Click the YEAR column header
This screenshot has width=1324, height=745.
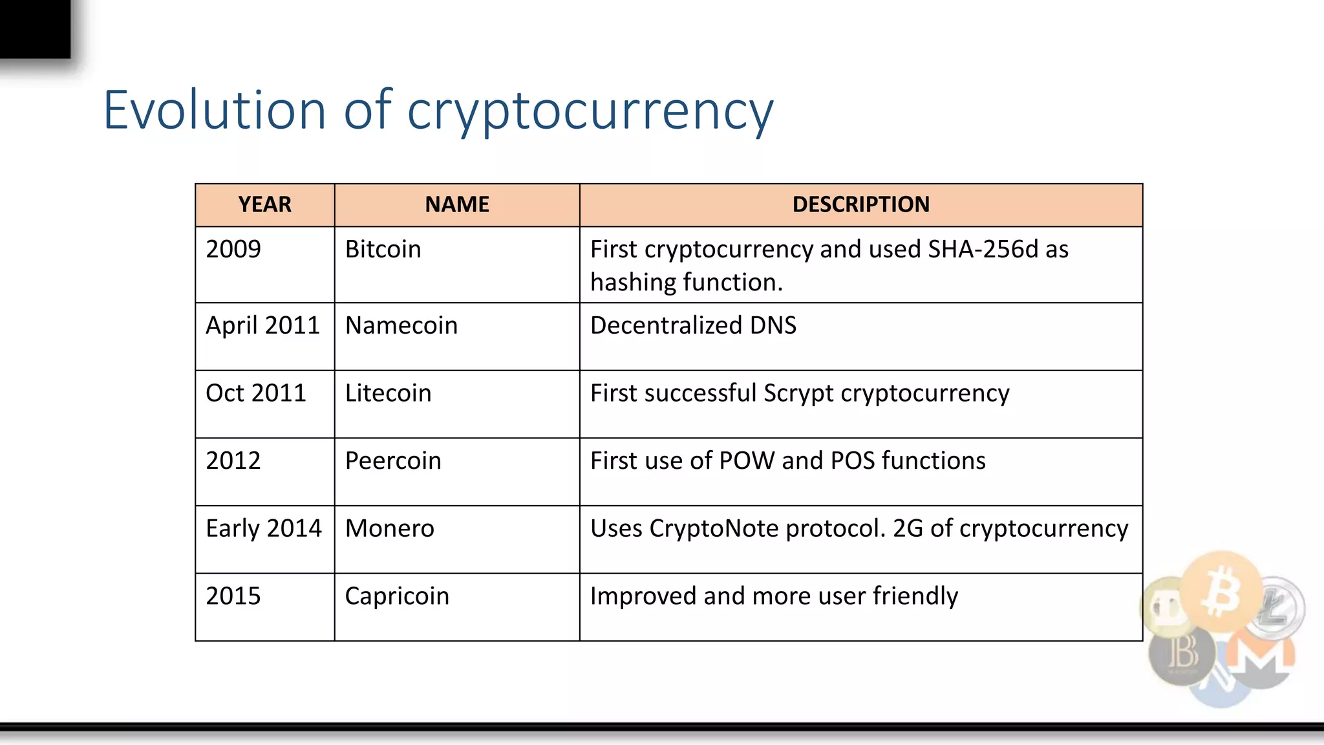(264, 204)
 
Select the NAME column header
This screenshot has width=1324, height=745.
(456, 204)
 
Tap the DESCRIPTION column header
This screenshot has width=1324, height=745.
(860, 204)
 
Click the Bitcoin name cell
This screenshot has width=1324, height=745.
(383, 249)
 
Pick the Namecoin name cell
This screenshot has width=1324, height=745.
(401, 325)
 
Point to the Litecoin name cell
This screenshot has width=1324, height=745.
(388, 393)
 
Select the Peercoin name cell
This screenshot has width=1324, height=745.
(393, 460)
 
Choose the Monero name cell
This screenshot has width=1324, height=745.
(389, 528)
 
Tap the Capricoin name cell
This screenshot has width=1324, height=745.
(397, 596)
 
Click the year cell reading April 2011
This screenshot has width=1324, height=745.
(262, 325)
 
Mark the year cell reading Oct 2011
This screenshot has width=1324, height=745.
(255, 393)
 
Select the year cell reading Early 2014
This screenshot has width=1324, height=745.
(263, 528)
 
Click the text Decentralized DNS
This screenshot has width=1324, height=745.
(693, 325)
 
